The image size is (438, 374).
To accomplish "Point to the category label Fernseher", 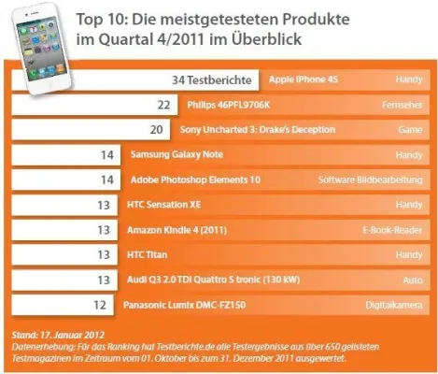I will pos(401,105).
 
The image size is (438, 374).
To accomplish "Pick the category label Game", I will pos(408,130).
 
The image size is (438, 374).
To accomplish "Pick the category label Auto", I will pos(411,279).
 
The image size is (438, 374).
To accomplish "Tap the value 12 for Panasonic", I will pos(101,304).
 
